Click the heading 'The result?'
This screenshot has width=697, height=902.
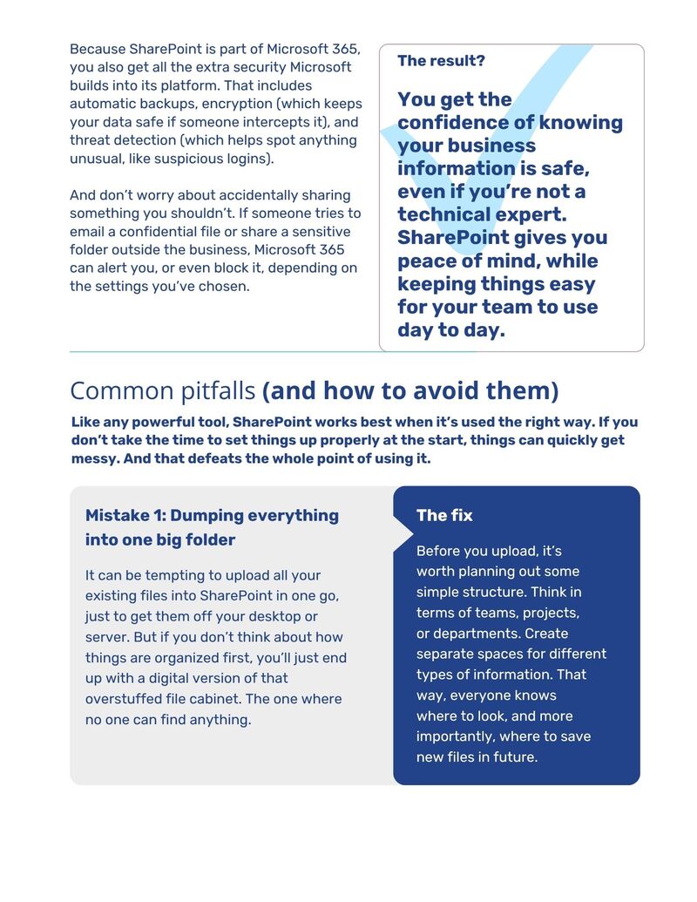[x=441, y=60]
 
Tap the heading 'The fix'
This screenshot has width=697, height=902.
[x=444, y=515]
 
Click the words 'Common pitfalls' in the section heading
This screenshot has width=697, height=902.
[x=163, y=390]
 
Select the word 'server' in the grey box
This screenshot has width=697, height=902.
[x=106, y=637]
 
